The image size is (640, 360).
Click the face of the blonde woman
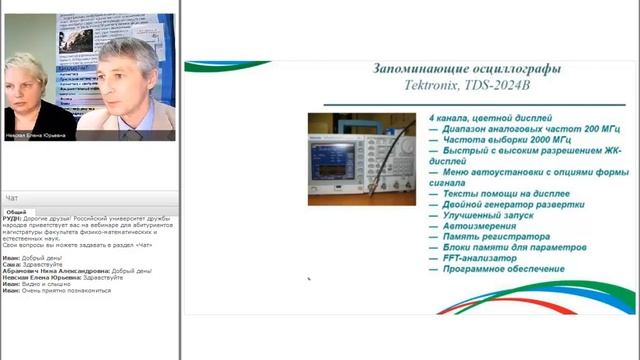(29, 84)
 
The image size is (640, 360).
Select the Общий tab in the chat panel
(16, 212)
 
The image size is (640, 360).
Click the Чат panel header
(12, 198)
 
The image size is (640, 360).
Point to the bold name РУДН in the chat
(13, 221)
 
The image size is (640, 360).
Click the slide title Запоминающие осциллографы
(466, 69)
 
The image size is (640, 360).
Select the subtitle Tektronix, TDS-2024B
(466, 87)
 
